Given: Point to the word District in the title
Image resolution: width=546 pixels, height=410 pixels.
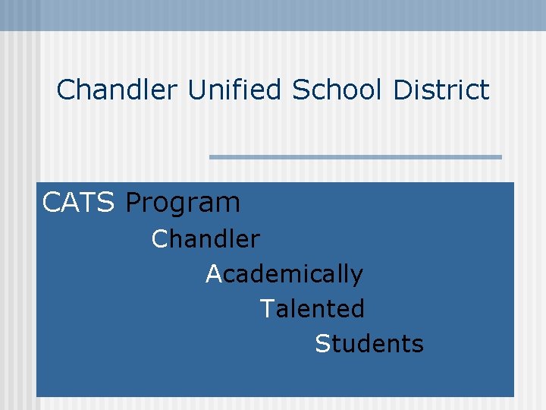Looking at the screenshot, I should [x=441, y=90].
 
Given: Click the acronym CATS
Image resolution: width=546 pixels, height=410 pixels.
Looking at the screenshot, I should [x=79, y=203].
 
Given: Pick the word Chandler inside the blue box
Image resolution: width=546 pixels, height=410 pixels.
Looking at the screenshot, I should [x=206, y=239].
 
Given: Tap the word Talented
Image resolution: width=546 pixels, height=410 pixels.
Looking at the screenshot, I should [x=312, y=309].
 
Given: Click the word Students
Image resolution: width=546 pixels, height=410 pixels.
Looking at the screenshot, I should [x=369, y=344].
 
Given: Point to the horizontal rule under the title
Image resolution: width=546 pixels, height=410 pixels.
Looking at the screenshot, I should [x=356, y=157].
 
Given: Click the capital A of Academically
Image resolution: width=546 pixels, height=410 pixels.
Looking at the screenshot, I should [x=214, y=273].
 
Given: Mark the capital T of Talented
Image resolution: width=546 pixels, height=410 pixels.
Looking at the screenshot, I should [x=266, y=309].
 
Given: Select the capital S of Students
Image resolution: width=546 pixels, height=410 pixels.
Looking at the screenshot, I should [x=322, y=344].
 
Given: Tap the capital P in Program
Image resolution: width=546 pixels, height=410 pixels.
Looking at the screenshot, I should [x=133, y=203].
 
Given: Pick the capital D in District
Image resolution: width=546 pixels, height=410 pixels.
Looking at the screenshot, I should [x=402, y=90].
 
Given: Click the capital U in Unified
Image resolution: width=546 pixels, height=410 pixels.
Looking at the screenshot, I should [x=196, y=90].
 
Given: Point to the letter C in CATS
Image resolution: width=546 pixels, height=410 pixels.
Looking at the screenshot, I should [x=52, y=203].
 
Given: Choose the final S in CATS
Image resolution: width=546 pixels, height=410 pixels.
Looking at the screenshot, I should [x=107, y=203].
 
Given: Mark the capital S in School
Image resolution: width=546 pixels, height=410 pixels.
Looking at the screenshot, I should [x=300, y=90].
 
